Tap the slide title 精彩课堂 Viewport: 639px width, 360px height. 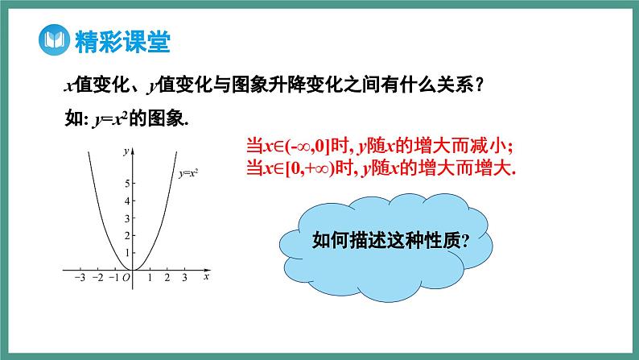(x=121, y=40)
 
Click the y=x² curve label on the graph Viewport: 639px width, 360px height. (x=188, y=172)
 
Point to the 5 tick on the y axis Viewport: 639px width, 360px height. (x=126, y=183)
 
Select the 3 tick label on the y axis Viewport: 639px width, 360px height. (x=126, y=217)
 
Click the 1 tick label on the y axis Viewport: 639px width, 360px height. (x=126, y=252)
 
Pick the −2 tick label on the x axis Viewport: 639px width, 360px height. (x=97, y=278)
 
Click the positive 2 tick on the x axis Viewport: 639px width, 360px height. (x=167, y=278)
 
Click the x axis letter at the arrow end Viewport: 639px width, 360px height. (x=207, y=277)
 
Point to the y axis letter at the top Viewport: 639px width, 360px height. (x=126, y=151)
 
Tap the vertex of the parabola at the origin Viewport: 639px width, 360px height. (x=134, y=270)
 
